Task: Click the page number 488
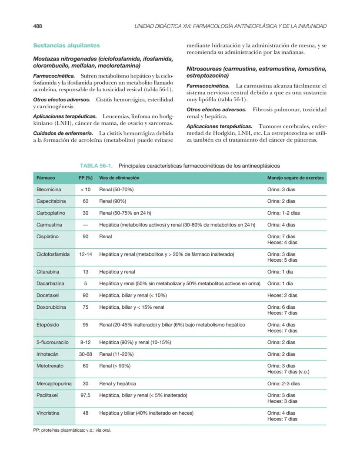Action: tap(38, 26)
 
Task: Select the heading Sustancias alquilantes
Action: tap(67, 45)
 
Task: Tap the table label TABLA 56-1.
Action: tap(96, 166)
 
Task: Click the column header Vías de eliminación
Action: tap(119, 178)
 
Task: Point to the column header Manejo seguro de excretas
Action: tap(295, 178)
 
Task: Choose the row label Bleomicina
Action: tap(49, 190)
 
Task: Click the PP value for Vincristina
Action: tap(86, 413)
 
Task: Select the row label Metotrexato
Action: tap(50, 366)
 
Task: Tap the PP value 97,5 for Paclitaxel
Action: tap(86, 395)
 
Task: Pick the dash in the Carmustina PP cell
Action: tap(86, 225)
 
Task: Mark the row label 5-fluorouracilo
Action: tap(53, 342)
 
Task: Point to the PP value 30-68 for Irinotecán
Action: tap(86, 354)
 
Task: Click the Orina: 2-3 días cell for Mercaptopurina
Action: tap(283, 383)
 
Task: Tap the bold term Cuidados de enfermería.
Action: tap(63, 133)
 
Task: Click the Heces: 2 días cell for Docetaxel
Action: tap(282, 295)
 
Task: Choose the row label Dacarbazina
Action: tap(50, 283)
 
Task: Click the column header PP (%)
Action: tap(86, 178)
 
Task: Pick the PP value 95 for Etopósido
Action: tap(86, 325)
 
